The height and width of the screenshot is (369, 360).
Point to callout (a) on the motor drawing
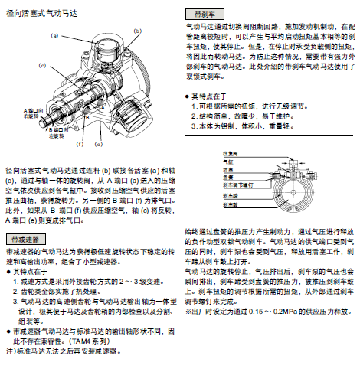54,35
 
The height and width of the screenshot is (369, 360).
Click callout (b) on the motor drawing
136,30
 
